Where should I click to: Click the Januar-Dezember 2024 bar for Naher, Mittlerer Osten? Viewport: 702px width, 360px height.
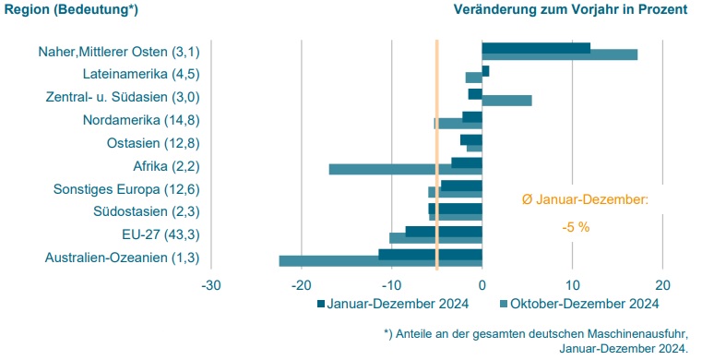[x=535, y=48]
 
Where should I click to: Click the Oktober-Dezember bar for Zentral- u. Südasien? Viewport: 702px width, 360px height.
[x=506, y=101]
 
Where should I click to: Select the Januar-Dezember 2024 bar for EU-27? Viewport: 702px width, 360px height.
[x=444, y=231]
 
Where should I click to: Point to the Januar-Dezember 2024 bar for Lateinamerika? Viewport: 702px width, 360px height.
[x=485, y=71]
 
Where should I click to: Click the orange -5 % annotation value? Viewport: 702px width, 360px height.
[x=577, y=226]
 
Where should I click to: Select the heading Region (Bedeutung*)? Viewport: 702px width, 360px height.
[x=63, y=10]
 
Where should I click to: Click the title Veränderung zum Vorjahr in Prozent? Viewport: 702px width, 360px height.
[x=570, y=10]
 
